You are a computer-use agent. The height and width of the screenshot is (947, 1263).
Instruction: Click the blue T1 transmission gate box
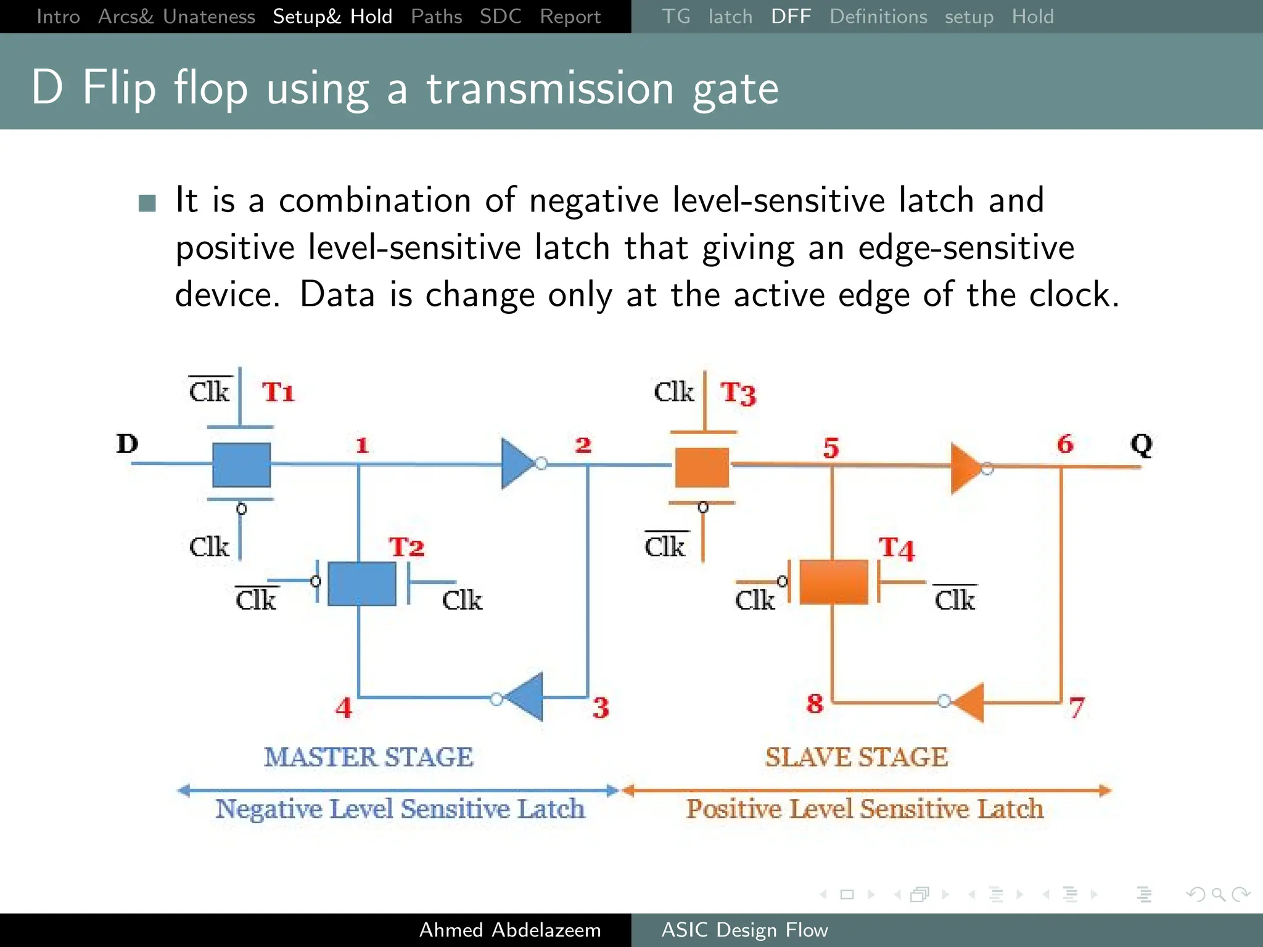click(241, 465)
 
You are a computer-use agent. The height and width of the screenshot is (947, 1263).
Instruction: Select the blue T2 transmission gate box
click(361, 583)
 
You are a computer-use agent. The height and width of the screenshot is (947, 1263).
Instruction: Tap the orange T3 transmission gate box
click(702, 467)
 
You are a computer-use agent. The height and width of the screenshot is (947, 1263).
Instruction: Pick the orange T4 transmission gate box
click(833, 582)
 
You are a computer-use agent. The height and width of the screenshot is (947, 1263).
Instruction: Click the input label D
click(127, 444)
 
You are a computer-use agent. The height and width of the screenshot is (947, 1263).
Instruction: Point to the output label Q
click(1141, 444)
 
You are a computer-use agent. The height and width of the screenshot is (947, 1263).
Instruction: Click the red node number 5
click(831, 448)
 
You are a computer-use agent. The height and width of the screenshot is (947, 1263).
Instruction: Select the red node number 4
click(344, 707)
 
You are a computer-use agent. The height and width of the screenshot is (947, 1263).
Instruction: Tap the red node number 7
click(1076, 707)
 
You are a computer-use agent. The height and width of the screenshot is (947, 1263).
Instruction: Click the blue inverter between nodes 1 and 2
click(517, 464)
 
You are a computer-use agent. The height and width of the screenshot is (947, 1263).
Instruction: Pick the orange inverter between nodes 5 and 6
click(966, 468)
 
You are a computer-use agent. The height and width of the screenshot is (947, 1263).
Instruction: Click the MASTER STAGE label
click(369, 757)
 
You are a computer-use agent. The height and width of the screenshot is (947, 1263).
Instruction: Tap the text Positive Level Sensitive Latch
click(865, 809)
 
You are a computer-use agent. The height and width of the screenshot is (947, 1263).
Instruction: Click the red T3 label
click(738, 393)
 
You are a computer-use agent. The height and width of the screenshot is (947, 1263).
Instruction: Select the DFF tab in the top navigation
click(791, 17)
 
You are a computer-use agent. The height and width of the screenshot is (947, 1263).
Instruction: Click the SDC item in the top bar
click(500, 17)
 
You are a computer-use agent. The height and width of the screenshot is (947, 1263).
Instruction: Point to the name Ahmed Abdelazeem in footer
click(510, 930)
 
